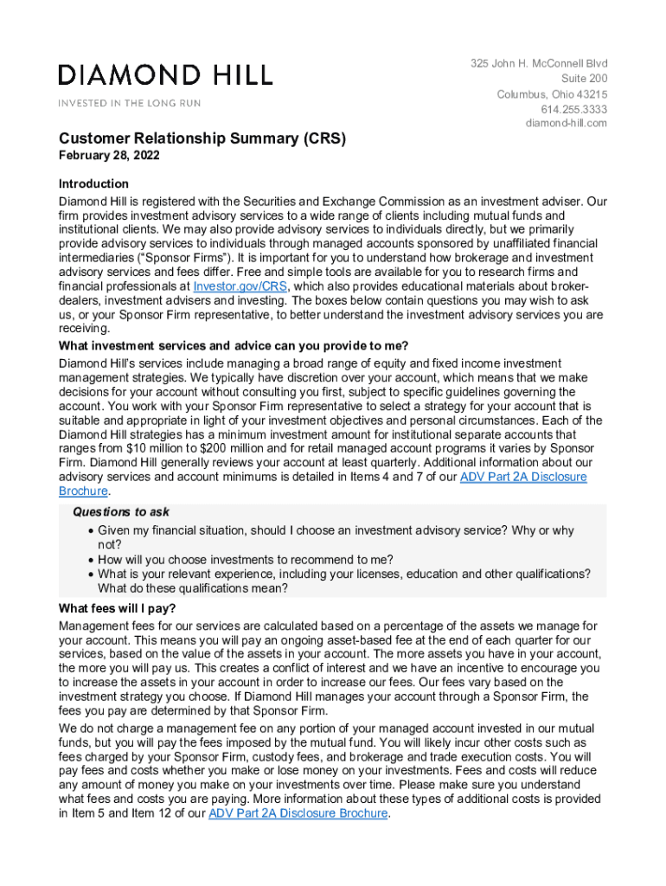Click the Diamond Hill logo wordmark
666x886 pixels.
pos(165,75)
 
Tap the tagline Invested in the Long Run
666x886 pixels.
pos(130,103)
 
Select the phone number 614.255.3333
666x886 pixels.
pos(574,109)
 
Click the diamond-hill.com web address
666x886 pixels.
pos(567,124)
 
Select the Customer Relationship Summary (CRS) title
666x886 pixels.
pos(202,138)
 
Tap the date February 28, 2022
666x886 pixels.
pos(109,157)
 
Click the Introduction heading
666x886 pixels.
pos(93,183)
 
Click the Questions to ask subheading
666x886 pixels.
pos(120,512)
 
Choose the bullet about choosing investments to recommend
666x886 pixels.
pos(246,560)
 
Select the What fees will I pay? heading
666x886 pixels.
pos(117,607)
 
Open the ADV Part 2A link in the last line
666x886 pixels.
pos(299,814)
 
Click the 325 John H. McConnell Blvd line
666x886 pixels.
pos(539,64)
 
